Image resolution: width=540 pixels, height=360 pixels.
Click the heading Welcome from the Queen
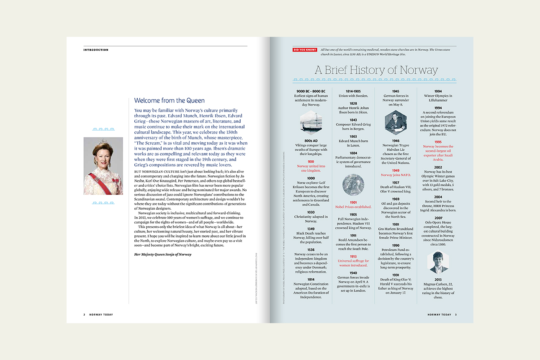(x=169, y=100)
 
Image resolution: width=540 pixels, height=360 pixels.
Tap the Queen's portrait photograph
(x=103, y=166)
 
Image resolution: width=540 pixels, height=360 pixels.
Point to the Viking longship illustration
(x=311, y=121)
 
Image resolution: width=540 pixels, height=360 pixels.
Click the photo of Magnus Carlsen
(x=438, y=262)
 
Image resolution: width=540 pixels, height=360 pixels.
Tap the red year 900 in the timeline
(x=311, y=162)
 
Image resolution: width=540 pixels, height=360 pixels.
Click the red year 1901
(x=353, y=202)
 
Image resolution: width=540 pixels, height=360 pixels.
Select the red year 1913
(x=353, y=256)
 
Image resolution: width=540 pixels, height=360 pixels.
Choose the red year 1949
(x=396, y=170)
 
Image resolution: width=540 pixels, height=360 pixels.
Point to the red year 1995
(x=438, y=142)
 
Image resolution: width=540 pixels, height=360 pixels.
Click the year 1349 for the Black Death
(x=311, y=229)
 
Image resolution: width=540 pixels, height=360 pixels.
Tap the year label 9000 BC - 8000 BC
(x=311, y=91)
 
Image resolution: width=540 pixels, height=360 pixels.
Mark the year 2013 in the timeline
(x=438, y=279)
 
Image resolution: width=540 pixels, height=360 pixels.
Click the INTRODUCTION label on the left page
(x=96, y=50)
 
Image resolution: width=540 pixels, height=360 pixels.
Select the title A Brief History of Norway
(x=376, y=69)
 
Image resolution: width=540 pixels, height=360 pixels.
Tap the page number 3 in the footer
(x=456, y=314)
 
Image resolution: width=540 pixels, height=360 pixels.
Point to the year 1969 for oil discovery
(x=396, y=199)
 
